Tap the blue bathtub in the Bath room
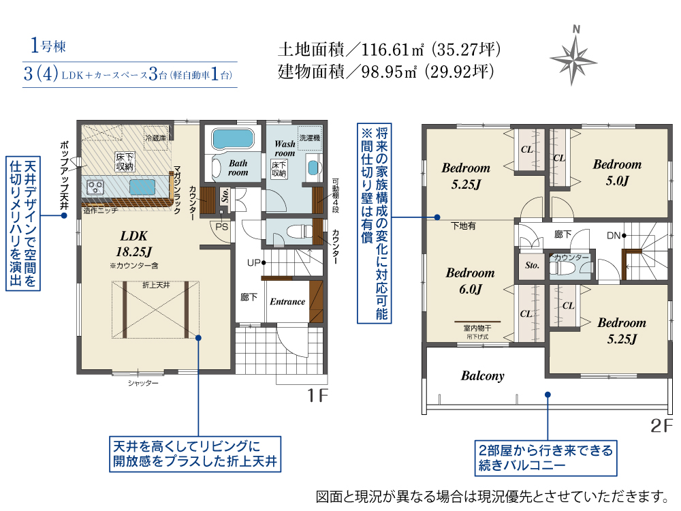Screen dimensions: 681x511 point(233,139)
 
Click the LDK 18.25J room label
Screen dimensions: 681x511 point(133,244)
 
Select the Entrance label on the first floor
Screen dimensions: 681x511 point(287,302)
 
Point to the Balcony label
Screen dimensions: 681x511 point(483,376)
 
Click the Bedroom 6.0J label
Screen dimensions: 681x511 point(471,281)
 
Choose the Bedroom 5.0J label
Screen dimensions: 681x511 point(617,172)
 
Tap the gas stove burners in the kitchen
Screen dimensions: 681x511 point(95,187)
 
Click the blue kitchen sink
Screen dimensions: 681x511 point(142,187)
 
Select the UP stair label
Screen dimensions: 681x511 point(253,263)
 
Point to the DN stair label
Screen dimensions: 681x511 point(614,236)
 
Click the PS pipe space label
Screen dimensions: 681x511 point(221,227)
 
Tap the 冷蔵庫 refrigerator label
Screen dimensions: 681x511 point(155,138)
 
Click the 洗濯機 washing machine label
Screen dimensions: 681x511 point(310,138)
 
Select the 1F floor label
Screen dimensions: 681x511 point(317,395)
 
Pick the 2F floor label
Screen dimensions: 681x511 point(661,425)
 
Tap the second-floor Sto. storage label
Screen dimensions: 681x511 point(532,265)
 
